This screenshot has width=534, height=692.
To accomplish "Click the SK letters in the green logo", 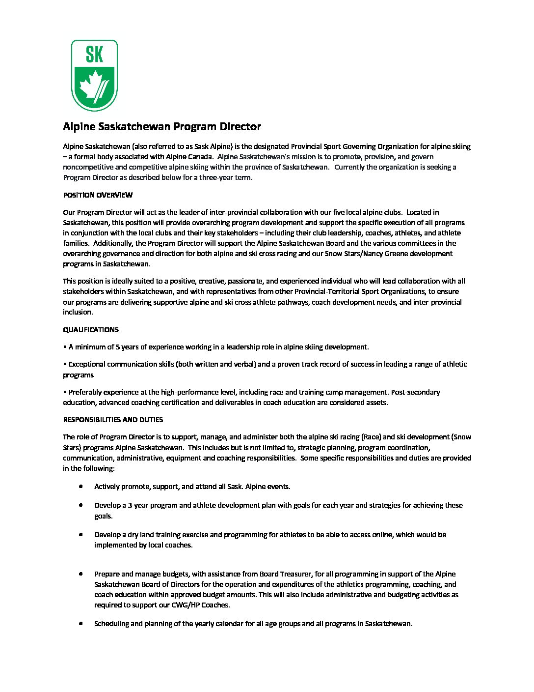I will click(94, 55).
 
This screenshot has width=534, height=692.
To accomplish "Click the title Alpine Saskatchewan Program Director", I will click(162, 127).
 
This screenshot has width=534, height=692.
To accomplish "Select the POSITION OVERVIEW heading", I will click(98, 195).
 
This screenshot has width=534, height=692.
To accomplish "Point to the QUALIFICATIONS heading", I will click(91, 330).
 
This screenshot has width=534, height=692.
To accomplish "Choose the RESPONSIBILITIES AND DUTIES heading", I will click(113, 420).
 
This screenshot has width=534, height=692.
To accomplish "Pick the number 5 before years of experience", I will click(117, 347).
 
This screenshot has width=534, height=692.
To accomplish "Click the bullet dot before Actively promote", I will click(80, 486).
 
